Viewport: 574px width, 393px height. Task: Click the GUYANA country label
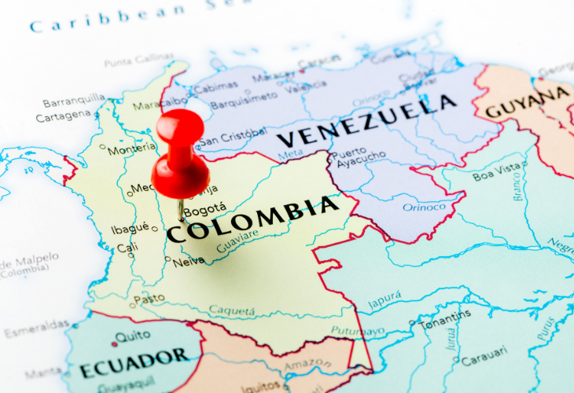[x=526, y=103]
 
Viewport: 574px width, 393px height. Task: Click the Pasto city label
[x=149, y=299]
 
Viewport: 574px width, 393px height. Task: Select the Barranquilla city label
[x=74, y=100]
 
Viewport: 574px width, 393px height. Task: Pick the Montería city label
[x=131, y=149]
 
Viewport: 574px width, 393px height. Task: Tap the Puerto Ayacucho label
[x=359, y=160]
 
